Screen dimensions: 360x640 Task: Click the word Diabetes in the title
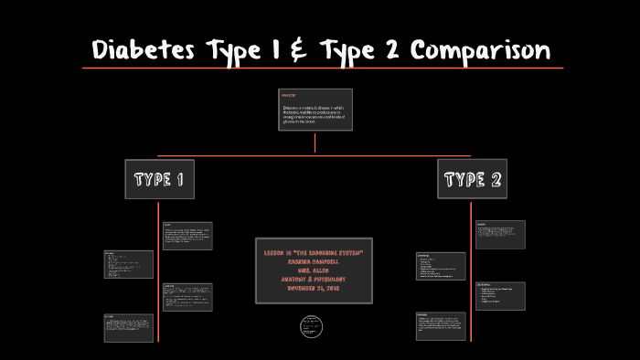[141, 49]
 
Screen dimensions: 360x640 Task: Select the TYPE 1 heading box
[160, 179]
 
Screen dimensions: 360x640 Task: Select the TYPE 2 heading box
[472, 179]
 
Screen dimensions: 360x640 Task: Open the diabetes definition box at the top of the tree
[315, 111]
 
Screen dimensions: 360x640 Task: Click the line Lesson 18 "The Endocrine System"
[315, 251]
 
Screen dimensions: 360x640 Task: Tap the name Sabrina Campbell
[315, 260]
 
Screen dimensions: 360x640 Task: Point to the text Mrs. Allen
[315, 270]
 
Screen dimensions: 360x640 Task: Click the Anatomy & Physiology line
[315, 279]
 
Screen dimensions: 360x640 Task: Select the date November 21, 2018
[315, 288]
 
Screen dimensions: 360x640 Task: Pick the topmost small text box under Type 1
[187, 235]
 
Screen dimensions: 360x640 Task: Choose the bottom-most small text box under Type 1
[128, 328]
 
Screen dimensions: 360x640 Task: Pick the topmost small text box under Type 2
[499, 235]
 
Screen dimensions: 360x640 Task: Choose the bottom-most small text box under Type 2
[440, 325]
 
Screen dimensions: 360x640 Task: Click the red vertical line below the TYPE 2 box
[472, 274]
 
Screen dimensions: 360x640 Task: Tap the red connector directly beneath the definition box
[315, 143]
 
